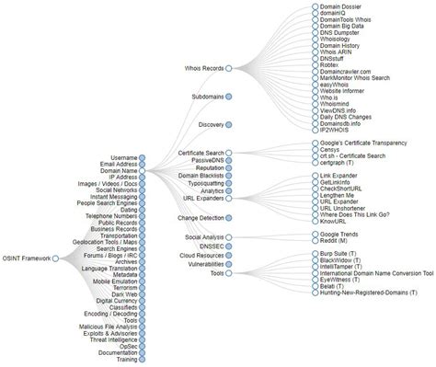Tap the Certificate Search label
(202, 152)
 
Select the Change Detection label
(201, 218)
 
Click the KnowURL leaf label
(334, 222)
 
